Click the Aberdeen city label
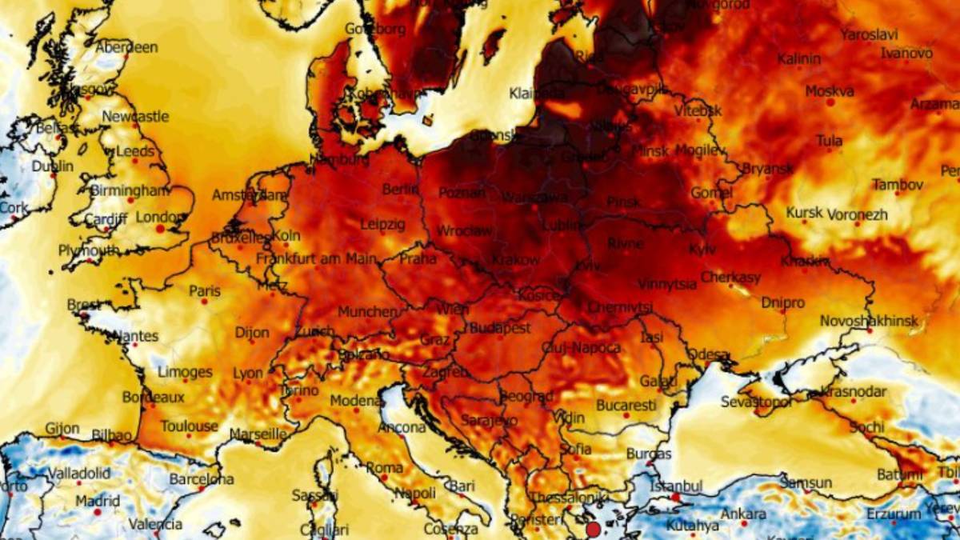[x=126, y=48]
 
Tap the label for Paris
[x=204, y=291]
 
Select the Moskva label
[x=830, y=91]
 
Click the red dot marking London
[x=160, y=229]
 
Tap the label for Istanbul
[x=676, y=486]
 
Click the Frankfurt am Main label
[x=317, y=259]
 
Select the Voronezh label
[x=857, y=214]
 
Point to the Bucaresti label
[x=626, y=406]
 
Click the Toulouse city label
[x=190, y=426]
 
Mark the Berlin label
[x=401, y=190]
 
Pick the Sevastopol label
[x=757, y=401]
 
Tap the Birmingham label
[x=130, y=190]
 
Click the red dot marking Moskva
[x=830, y=102]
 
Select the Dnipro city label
[x=783, y=303]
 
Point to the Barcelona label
[x=201, y=479]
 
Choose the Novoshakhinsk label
[x=869, y=321]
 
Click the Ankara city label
[x=743, y=514]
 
